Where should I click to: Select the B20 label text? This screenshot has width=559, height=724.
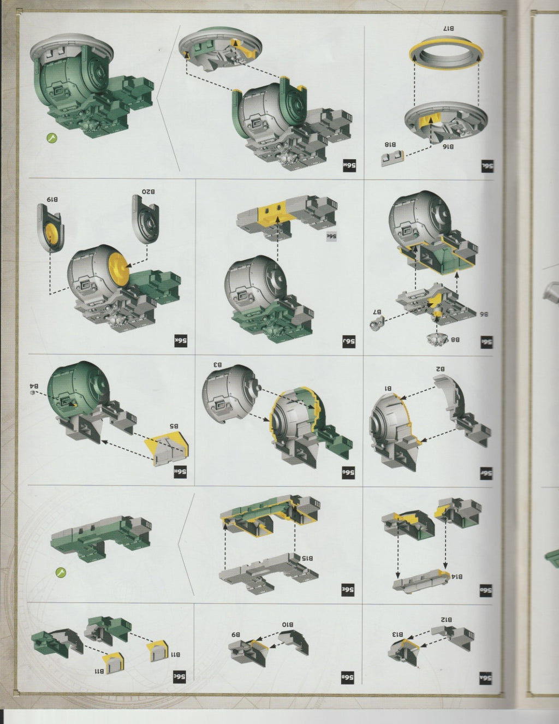(148, 192)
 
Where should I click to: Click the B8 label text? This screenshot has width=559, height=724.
(455, 339)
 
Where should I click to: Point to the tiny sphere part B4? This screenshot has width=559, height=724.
(34, 393)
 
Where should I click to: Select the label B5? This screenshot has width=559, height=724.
(173, 426)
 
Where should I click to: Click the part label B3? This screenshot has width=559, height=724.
(217, 364)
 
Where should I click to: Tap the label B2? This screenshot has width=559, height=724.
(440, 369)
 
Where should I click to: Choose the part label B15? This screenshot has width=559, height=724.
(307, 558)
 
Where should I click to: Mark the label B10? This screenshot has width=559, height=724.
(288, 624)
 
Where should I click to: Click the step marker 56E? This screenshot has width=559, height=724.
(349, 590)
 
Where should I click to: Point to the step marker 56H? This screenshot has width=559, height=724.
(181, 471)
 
